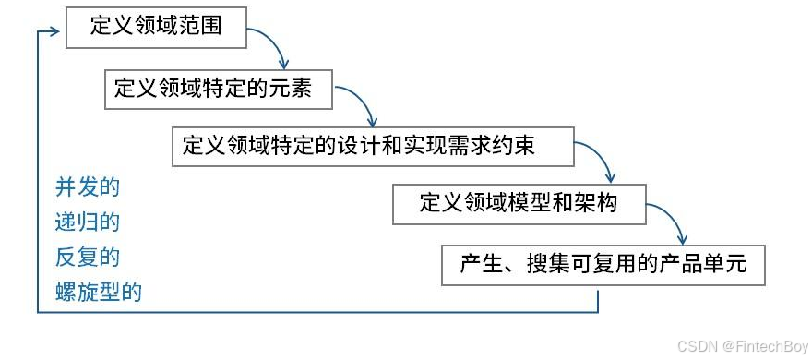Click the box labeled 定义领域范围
pos(156,27)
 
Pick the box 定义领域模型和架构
pos(519,204)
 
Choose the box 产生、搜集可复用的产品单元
pos(603,265)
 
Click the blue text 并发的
pos(88,188)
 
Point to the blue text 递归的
pos(88,222)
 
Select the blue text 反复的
pos(88,257)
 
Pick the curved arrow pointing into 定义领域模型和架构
pos(600,161)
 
